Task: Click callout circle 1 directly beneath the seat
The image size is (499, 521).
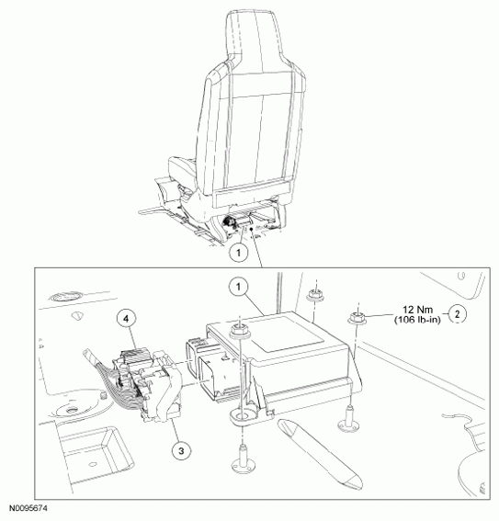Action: tap(239, 253)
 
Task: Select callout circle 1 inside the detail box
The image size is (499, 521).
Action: tap(239, 287)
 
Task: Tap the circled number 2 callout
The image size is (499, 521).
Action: tap(457, 313)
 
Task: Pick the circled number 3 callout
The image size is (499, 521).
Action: tap(181, 451)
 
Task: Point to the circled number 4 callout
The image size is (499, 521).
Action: tap(126, 319)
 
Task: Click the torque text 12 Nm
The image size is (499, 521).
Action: tap(417, 310)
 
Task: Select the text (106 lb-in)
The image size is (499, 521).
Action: tap(417, 320)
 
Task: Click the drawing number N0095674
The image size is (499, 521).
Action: tap(28, 508)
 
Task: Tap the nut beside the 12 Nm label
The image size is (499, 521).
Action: tap(357, 317)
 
